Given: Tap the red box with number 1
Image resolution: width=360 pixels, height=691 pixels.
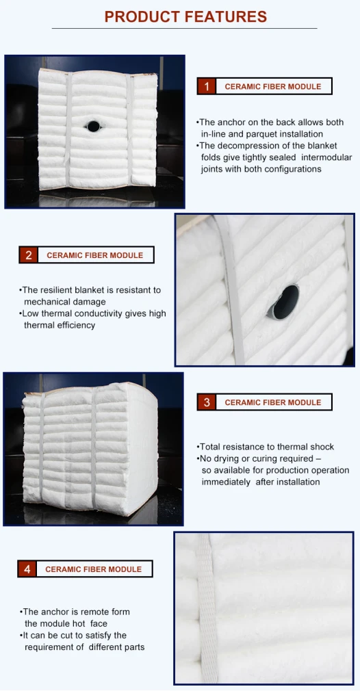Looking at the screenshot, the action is pos(206,86).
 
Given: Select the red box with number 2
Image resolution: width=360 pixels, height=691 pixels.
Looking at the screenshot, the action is pos(29,255).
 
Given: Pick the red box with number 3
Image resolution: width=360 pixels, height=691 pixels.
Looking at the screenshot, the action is pos(207,402).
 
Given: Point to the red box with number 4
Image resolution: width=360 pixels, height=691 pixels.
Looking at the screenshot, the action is pos(27,569).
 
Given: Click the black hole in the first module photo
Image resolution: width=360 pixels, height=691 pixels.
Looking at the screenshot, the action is pos(93,127).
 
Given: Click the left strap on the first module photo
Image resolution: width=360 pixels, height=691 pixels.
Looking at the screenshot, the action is pos(68,130).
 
